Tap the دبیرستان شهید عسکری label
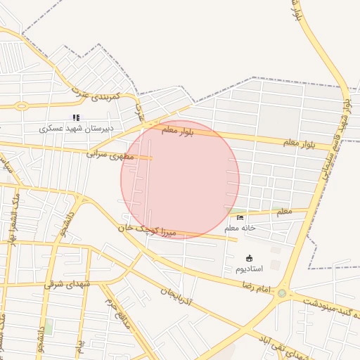point(77,129)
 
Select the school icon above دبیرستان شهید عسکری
point(77,118)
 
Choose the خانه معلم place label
point(240,228)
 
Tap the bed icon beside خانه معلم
point(240,218)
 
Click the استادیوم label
point(248,269)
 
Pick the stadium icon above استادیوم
point(248,258)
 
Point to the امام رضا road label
point(256,287)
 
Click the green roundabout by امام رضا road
point(282,293)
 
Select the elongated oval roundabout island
point(21,106)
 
